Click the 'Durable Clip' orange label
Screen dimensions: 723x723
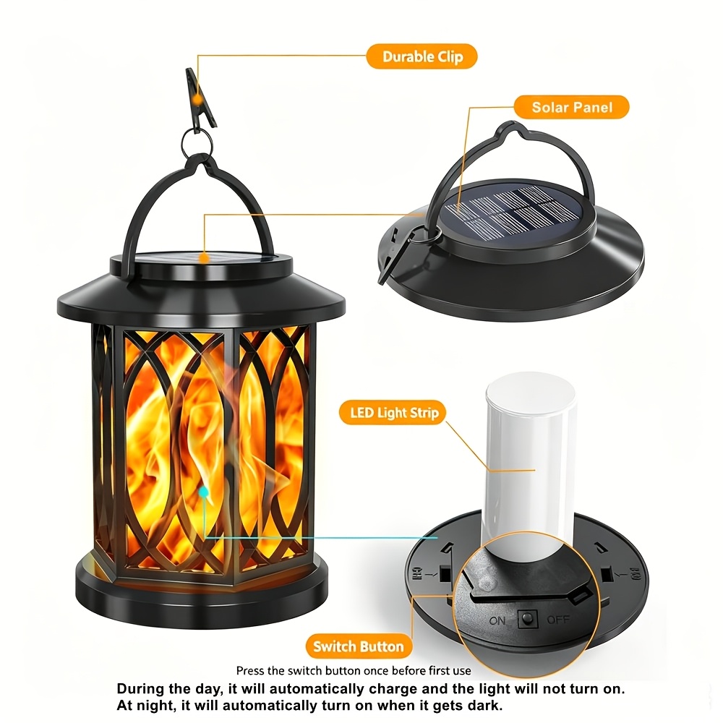pyautogui.click(x=422, y=56)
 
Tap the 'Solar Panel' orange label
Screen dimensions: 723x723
pyautogui.click(x=572, y=107)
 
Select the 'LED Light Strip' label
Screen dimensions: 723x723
pyautogui.click(x=393, y=412)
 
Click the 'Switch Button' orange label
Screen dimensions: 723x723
pyautogui.click(x=359, y=646)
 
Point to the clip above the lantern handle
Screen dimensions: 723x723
pyautogui.click(x=200, y=99)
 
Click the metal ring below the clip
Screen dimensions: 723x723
pyautogui.click(x=197, y=141)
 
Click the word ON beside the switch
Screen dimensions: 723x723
pyautogui.click(x=497, y=621)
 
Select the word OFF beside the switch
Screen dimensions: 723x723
pyautogui.click(x=558, y=620)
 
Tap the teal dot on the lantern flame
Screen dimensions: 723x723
pyautogui.click(x=203, y=492)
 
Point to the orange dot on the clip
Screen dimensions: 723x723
pyautogui.click(x=198, y=98)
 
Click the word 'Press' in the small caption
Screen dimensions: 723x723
pyautogui.click(x=250, y=670)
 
